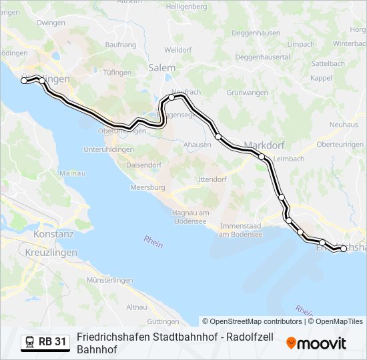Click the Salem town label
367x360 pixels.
[162, 68]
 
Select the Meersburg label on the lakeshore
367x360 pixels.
[147, 188]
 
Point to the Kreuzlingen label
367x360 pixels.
[50, 253]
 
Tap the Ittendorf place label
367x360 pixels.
[212, 179]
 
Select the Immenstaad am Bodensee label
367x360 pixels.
[242, 230]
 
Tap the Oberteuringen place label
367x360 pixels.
[340, 144]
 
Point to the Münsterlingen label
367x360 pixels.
[110, 281]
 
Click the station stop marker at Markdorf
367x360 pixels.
[262, 157]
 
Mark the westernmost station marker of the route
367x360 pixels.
[25, 81]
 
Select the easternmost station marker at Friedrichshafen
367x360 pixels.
[344, 249]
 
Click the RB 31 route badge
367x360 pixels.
[45, 342]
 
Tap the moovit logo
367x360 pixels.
[316, 343]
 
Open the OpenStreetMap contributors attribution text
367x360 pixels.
[253, 321]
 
